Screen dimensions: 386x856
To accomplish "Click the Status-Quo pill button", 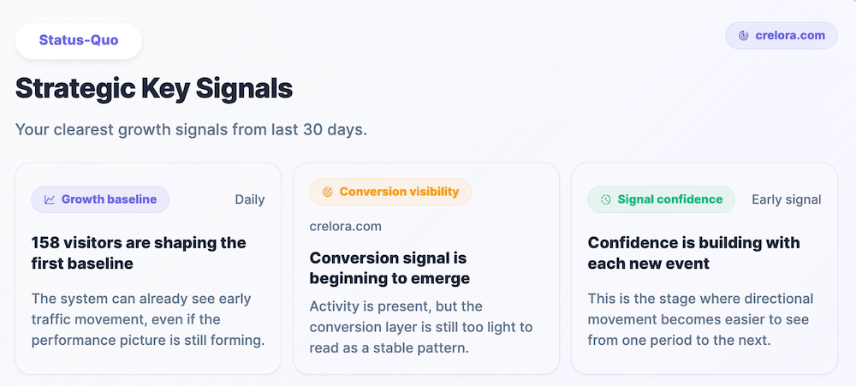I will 78,40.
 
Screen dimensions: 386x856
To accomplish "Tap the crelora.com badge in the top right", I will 781,35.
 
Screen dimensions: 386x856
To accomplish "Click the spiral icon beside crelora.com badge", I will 743,36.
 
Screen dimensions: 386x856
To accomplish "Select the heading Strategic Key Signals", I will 154,88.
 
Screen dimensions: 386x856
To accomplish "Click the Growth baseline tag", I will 100,199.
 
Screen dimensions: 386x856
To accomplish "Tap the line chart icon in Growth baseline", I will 50,199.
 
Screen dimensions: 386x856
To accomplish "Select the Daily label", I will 249,199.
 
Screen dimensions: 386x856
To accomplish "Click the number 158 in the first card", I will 46,242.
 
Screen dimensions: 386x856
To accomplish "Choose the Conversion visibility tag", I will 390,192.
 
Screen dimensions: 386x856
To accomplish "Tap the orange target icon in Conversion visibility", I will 326,193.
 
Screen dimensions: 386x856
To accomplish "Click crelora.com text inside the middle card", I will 345,226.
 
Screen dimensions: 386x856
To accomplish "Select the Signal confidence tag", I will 661,199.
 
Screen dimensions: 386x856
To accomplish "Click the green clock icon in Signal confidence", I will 605,199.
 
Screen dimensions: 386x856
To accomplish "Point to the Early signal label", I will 786,199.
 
